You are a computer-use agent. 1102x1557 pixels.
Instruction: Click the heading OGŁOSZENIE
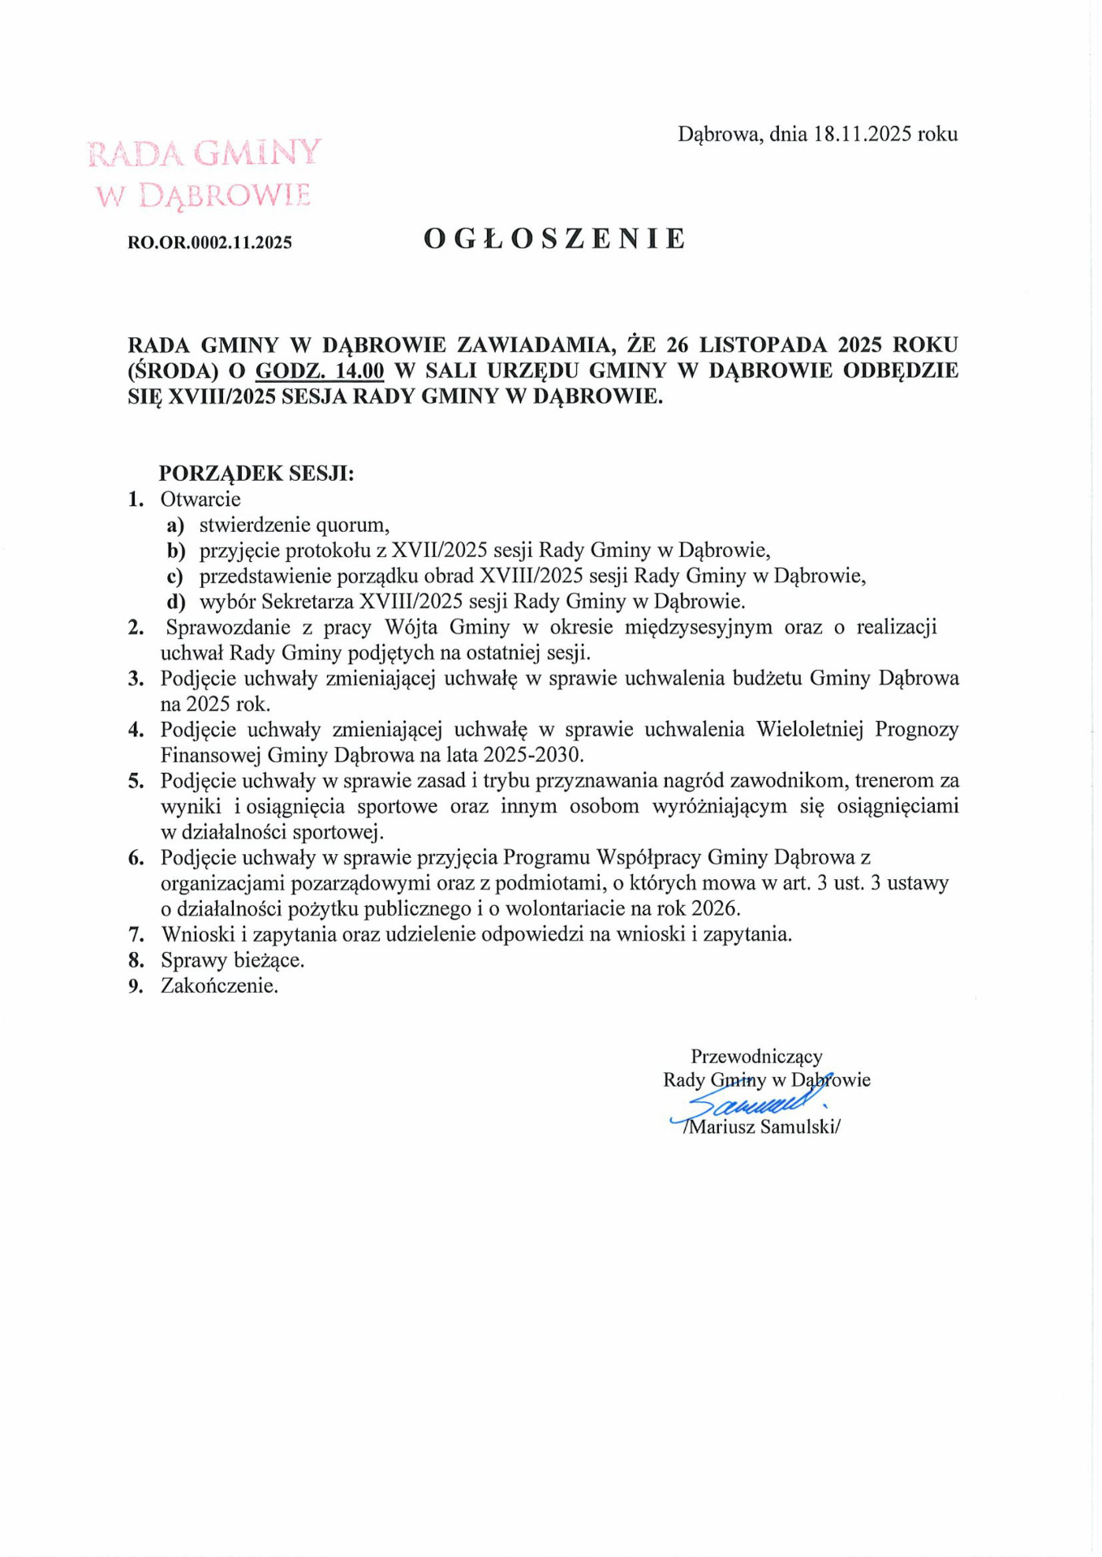[x=555, y=238]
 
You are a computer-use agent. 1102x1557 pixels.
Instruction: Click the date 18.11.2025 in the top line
[x=863, y=134]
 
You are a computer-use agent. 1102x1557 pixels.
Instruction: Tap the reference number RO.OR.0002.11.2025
[x=210, y=242]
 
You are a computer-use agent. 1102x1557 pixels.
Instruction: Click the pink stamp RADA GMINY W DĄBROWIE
[x=204, y=174]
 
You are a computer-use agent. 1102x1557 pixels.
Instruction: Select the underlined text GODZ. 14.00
[x=320, y=371]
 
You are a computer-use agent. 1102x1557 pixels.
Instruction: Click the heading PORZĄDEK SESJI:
[x=256, y=473]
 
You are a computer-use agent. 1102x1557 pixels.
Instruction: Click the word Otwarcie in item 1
[x=200, y=499]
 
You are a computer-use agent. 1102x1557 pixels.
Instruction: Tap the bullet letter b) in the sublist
[x=176, y=551]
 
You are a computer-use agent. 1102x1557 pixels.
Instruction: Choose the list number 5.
[x=136, y=781]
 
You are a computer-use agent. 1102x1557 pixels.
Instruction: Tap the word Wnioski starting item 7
[x=198, y=934]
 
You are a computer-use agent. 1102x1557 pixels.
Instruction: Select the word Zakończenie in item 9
[x=218, y=986]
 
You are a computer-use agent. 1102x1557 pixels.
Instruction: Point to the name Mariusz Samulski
[x=762, y=1126]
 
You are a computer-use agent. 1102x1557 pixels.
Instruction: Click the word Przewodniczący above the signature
[x=756, y=1056]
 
